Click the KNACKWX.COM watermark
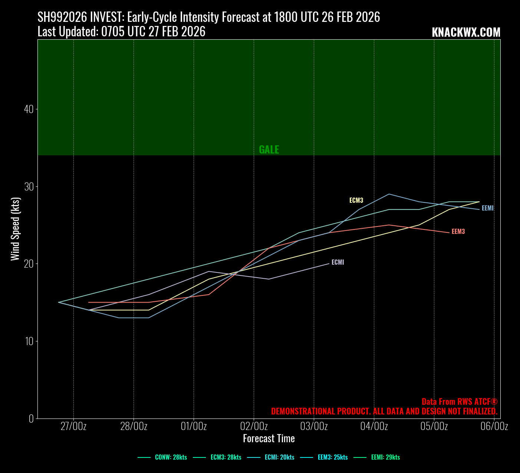point(466,33)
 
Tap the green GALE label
point(269,149)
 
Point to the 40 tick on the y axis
point(29,109)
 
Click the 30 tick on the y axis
point(29,186)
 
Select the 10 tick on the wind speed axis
point(29,341)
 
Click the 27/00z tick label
point(73,426)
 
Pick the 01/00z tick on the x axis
point(194,426)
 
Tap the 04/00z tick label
point(374,426)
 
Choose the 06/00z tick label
point(494,426)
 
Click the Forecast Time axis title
point(269,439)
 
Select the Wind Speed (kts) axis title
point(15,229)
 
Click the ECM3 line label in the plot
point(356,201)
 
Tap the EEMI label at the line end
point(487,208)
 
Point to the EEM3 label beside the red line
point(458,232)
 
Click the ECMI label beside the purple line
point(338,262)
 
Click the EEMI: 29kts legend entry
point(385,457)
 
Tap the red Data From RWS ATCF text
point(459,402)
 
